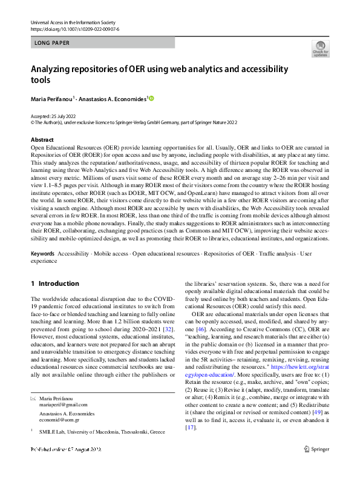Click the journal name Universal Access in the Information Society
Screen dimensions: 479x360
pyautogui.click(x=77, y=22)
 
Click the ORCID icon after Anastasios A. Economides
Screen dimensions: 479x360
pyautogui.click(x=151, y=97)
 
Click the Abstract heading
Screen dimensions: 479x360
pyautogui.click(x=42, y=139)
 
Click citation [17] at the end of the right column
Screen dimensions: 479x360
pyautogui.click(x=191, y=428)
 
